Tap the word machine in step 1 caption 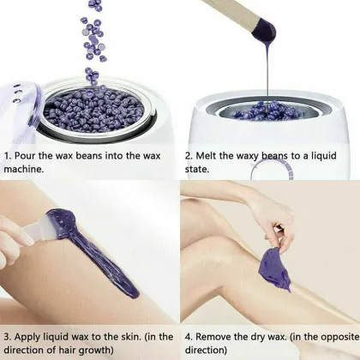[33, 171]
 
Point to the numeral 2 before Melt [187, 156]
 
